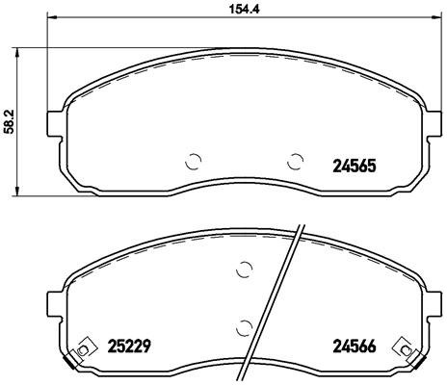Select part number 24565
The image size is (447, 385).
pyautogui.click(x=352, y=165)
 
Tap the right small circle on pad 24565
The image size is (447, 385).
pyautogui.click(x=296, y=161)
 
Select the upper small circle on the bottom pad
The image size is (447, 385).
pyautogui.click(x=245, y=270)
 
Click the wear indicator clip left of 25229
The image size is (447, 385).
pyautogui.click(x=85, y=346)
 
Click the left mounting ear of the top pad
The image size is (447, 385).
pyautogui.click(x=56, y=124)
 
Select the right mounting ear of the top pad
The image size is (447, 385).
pyautogui.click(x=434, y=124)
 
